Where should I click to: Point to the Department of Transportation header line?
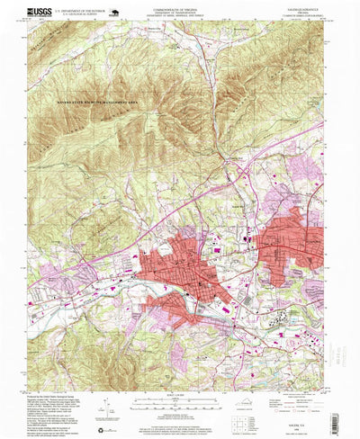coord(178,11)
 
